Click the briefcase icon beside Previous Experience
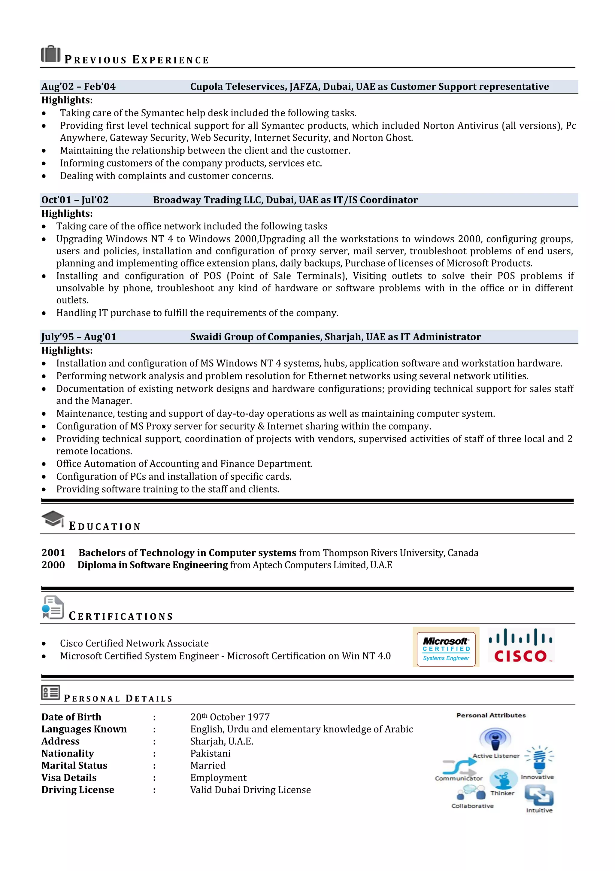coord(51,54)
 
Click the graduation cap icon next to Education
coord(53,518)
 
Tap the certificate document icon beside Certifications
coord(53,607)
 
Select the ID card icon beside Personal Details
coord(50,693)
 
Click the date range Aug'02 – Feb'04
coord(78,87)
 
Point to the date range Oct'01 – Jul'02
coord(75,200)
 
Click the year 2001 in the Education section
coord(53,553)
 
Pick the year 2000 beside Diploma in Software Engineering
coord(53,565)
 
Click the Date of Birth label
coord(71,717)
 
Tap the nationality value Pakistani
coord(210,753)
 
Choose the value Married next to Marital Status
coord(208,766)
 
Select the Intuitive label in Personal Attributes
coord(539,810)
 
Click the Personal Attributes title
coord(491,715)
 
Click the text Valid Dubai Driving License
coord(250,790)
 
